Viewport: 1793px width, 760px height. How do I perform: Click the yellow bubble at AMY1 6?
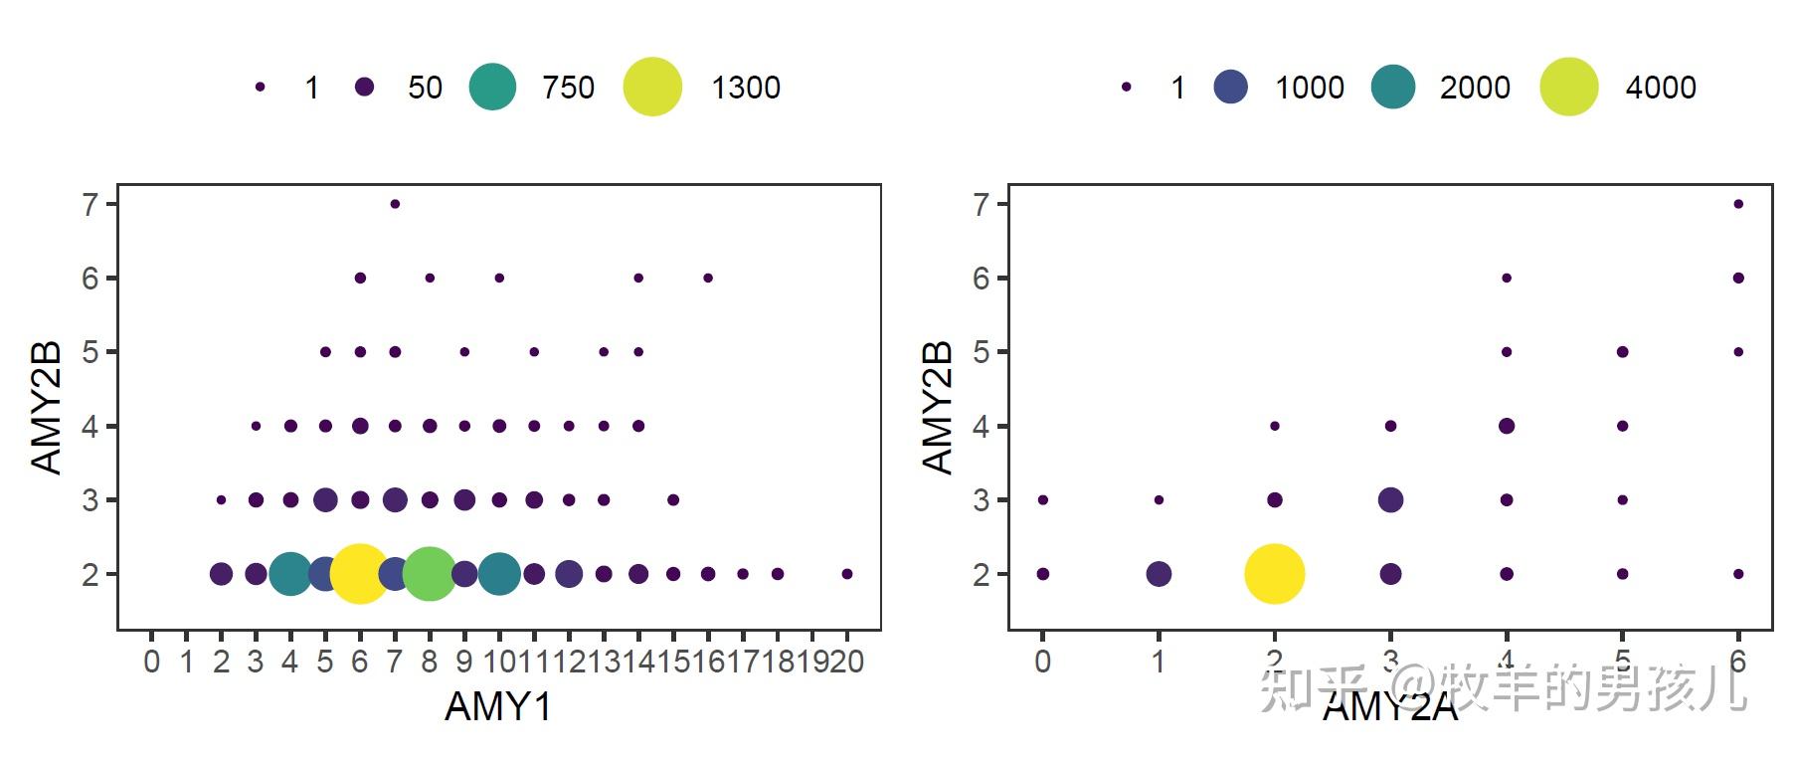click(x=360, y=574)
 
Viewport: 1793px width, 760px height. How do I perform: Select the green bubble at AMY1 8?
click(x=430, y=574)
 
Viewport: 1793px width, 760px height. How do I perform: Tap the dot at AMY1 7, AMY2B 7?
click(x=395, y=204)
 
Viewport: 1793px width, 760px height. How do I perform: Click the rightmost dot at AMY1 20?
click(x=847, y=574)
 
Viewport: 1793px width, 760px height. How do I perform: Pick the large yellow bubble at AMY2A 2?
click(x=1274, y=574)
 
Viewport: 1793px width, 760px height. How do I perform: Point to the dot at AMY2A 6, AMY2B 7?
click(x=1738, y=204)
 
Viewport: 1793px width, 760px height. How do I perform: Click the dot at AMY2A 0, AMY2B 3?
click(x=1042, y=499)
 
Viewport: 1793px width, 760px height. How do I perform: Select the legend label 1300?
click(x=745, y=88)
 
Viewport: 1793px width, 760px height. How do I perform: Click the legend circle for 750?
click(x=492, y=87)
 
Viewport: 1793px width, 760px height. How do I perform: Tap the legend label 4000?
click(x=1660, y=88)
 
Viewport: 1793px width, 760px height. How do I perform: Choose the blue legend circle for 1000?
click(x=1231, y=87)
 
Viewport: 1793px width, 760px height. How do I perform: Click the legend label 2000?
click(x=1474, y=88)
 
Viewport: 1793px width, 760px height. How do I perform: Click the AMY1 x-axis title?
click(x=497, y=706)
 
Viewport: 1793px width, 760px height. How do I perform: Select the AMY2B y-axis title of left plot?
click(x=47, y=407)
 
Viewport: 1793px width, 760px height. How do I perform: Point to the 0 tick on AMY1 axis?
click(x=151, y=662)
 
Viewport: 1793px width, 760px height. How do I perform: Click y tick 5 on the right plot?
click(x=982, y=352)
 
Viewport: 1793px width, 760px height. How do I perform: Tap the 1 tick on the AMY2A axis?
click(x=1159, y=662)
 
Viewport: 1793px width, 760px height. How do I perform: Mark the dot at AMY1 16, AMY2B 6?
click(x=708, y=278)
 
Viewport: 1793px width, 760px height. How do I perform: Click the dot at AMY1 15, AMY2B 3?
click(x=673, y=499)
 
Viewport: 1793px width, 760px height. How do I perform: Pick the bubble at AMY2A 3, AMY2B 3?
click(x=1390, y=499)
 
